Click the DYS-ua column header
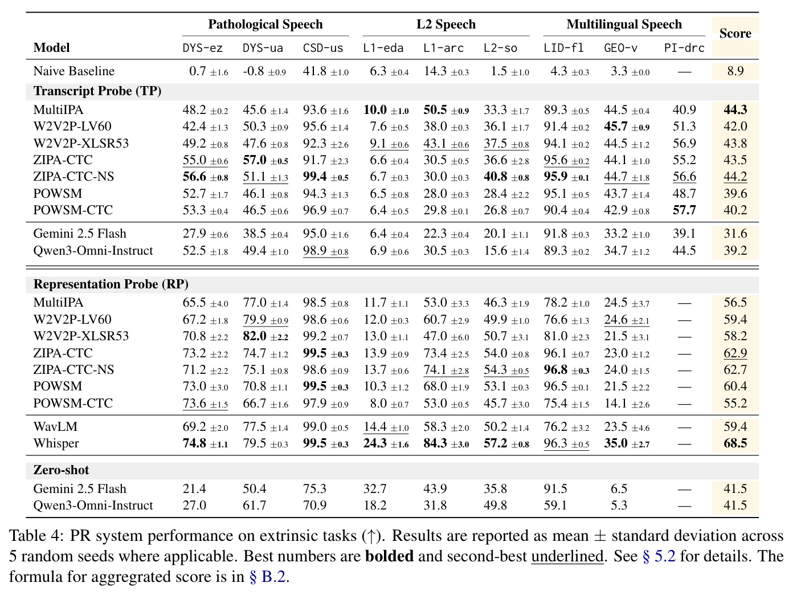[x=263, y=48]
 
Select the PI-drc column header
[x=684, y=48]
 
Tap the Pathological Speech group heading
[x=265, y=24]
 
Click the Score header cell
[x=735, y=33]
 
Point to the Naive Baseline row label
[x=73, y=71]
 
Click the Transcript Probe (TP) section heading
[x=97, y=91]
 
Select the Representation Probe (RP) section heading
[x=111, y=284]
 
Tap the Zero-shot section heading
[x=61, y=470]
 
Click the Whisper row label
[x=56, y=443]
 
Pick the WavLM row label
[x=55, y=427]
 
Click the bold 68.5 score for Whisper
[x=735, y=443]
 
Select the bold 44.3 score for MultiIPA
[x=735, y=109]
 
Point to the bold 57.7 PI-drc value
[x=684, y=210]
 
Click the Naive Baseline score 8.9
[x=735, y=71]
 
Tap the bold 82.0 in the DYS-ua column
[x=254, y=336]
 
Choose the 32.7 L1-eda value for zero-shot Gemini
[x=375, y=489]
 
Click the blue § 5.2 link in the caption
[x=659, y=556]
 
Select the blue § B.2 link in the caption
[x=267, y=577]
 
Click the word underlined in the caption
[x=567, y=556]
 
